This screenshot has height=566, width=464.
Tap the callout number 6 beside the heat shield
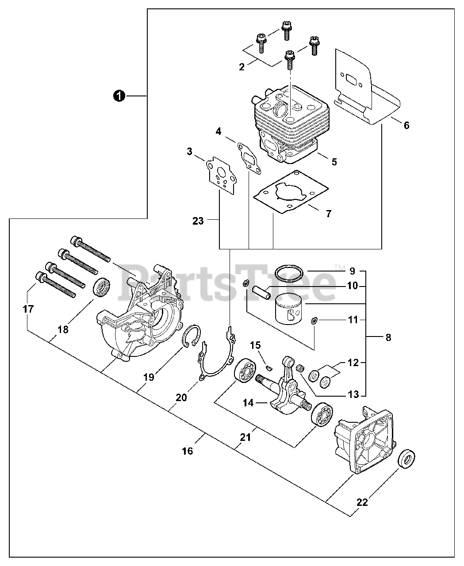406,125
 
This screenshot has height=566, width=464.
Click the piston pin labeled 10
261,292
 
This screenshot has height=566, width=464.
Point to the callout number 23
198,220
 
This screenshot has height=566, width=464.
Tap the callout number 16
187,451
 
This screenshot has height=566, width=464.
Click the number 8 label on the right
388,337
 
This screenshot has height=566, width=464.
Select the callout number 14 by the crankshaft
248,402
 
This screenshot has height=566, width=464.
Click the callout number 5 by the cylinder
334,162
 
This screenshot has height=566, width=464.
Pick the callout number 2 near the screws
242,67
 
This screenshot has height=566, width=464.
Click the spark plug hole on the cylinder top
281,107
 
